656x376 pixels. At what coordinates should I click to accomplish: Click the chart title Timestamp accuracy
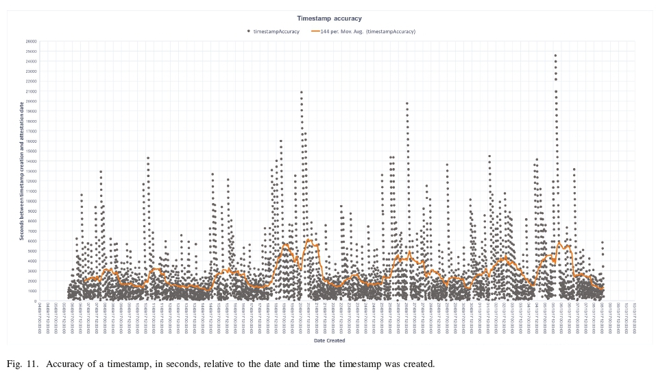[x=329, y=19]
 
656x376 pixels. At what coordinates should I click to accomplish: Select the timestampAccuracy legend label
[x=276, y=32]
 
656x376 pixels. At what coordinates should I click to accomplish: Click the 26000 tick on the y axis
[x=32, y=41]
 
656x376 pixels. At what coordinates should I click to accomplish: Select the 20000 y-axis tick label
[x=32, y=101]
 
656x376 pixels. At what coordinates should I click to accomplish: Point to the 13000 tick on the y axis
[x=32, y=171]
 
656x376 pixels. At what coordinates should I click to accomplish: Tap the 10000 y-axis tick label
[x=32, y=201]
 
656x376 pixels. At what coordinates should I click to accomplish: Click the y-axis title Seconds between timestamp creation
[x=22, y=172]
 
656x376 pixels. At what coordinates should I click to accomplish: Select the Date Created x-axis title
[x=329, y=341]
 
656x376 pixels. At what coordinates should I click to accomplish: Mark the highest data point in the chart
[x=555, y=56]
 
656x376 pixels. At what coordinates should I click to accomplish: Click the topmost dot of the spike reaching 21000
[x=301, y=92]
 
